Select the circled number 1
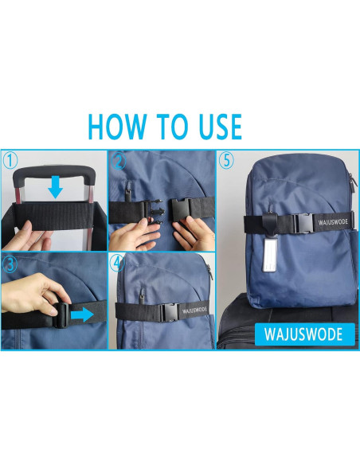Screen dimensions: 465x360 click(x=10, y=160)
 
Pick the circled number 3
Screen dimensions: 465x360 click(x=10, y=263)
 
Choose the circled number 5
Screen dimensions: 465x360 click(x=227, y=161)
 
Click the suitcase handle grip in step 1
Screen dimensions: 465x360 click(x=54, y=170)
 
